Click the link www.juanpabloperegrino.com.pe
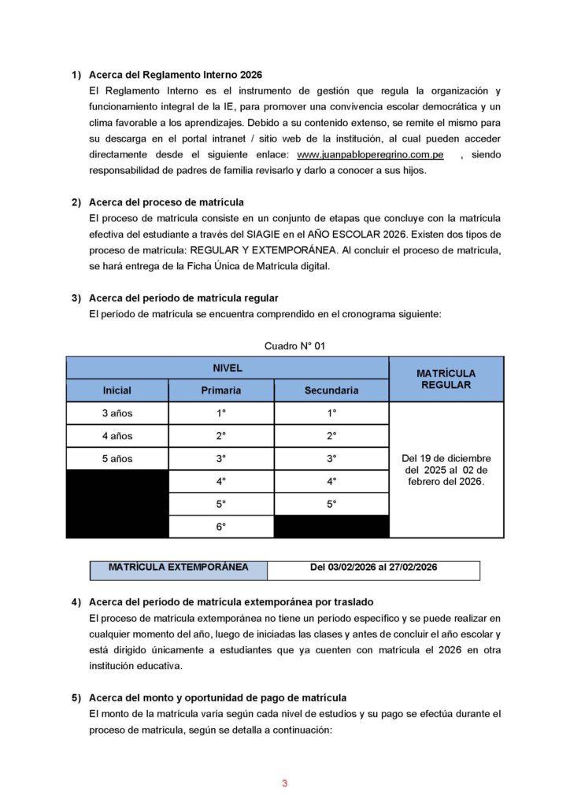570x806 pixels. (x=370, y=156)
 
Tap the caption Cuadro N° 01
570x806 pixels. (x=295, y=345)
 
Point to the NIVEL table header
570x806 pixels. (x=228, y=368)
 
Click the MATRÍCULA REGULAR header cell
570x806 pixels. (x=446, y=379)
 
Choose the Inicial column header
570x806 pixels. (x=117, y=390)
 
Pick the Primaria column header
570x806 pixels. (x=221, y=390)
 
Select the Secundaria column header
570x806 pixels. (x=331, y=390)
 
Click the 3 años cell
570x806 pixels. (x=117, y=413)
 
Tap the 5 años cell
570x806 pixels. (x=117, y=458)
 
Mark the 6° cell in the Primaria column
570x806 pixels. (x=221, y=527)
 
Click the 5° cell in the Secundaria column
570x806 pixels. (x=331, y=504)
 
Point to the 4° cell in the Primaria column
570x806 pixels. (x=221, y=481)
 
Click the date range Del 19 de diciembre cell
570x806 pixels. (x=446, y=470)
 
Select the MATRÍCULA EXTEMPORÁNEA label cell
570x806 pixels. (x=167, y=568)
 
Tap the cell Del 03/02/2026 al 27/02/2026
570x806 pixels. (x=373, y=568)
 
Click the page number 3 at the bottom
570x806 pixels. (x=285, y=783)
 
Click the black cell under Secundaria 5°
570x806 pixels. (x=331, y=527)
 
